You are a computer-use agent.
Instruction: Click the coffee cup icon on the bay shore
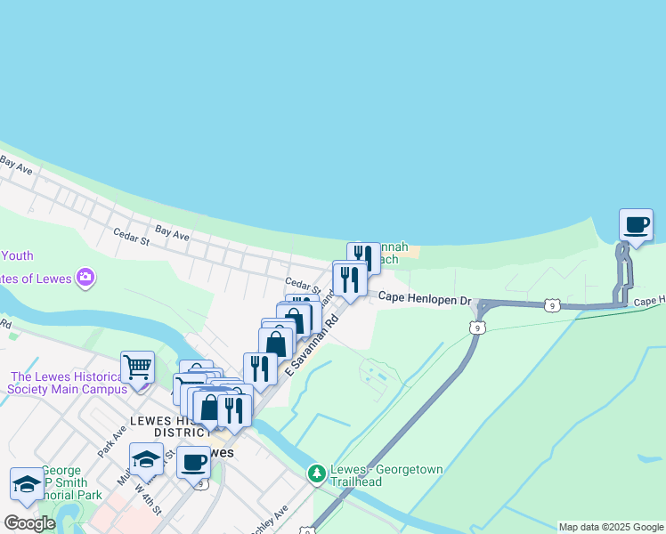(636, 225)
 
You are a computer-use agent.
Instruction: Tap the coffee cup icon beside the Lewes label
(193, 462)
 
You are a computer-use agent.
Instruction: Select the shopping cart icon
(137, 367)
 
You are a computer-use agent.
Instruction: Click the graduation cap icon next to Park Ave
(146, 459)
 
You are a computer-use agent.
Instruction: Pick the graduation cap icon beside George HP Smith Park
(27, 484)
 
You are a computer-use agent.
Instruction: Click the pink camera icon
(85, 278)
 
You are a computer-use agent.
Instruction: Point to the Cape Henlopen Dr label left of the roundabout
(424, 301)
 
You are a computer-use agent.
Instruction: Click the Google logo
(29, 523)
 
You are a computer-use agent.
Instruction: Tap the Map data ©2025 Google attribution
(611, 527)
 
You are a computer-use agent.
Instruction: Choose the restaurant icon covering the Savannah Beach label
(363, 259)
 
